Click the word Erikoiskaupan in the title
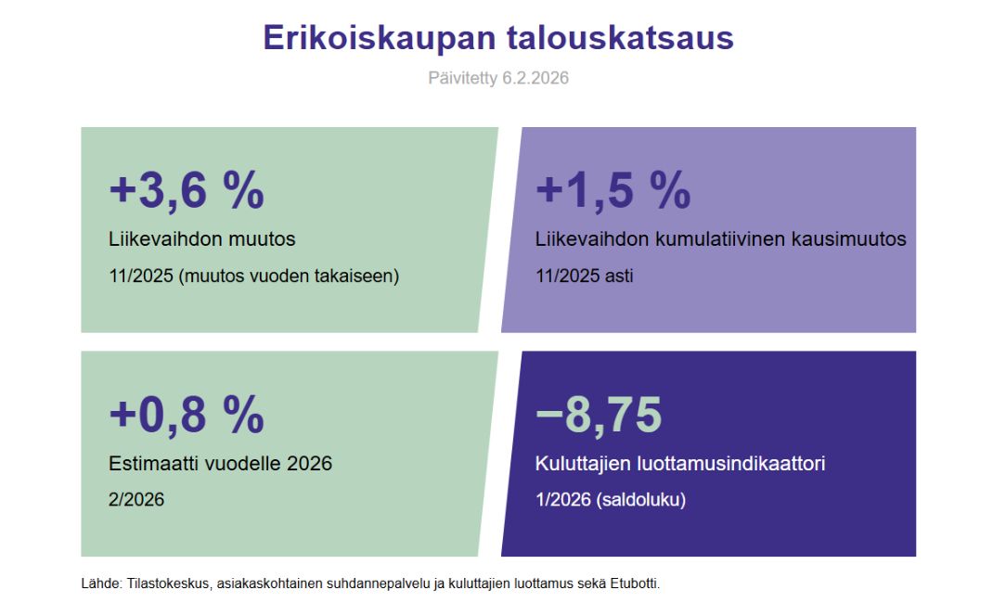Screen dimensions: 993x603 (x=380, y=39)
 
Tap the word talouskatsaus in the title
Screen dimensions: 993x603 (x=620, y=37)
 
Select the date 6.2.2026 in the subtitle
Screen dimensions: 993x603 (x=535, y=78)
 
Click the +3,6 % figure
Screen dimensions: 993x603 (x=187, y=190)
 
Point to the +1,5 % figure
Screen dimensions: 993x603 (x=613, y=190)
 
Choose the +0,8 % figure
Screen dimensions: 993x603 (x=187, y=415)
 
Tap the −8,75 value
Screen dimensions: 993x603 (x=600, y=415)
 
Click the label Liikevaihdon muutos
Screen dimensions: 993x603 (x=202, y=239)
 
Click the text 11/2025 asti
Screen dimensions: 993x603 (x=585, y=276)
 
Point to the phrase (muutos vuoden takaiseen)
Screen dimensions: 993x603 (x=290, y=276)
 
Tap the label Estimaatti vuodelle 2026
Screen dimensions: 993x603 (x=220, y=464)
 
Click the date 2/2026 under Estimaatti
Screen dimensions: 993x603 (x=136, y=500)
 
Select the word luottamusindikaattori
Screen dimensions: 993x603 (x=727, y=464)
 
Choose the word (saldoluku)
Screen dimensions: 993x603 (x=641, y=501)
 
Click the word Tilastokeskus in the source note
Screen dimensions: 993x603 (x=167, y=584)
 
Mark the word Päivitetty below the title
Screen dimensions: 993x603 (x=463, y=79)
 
